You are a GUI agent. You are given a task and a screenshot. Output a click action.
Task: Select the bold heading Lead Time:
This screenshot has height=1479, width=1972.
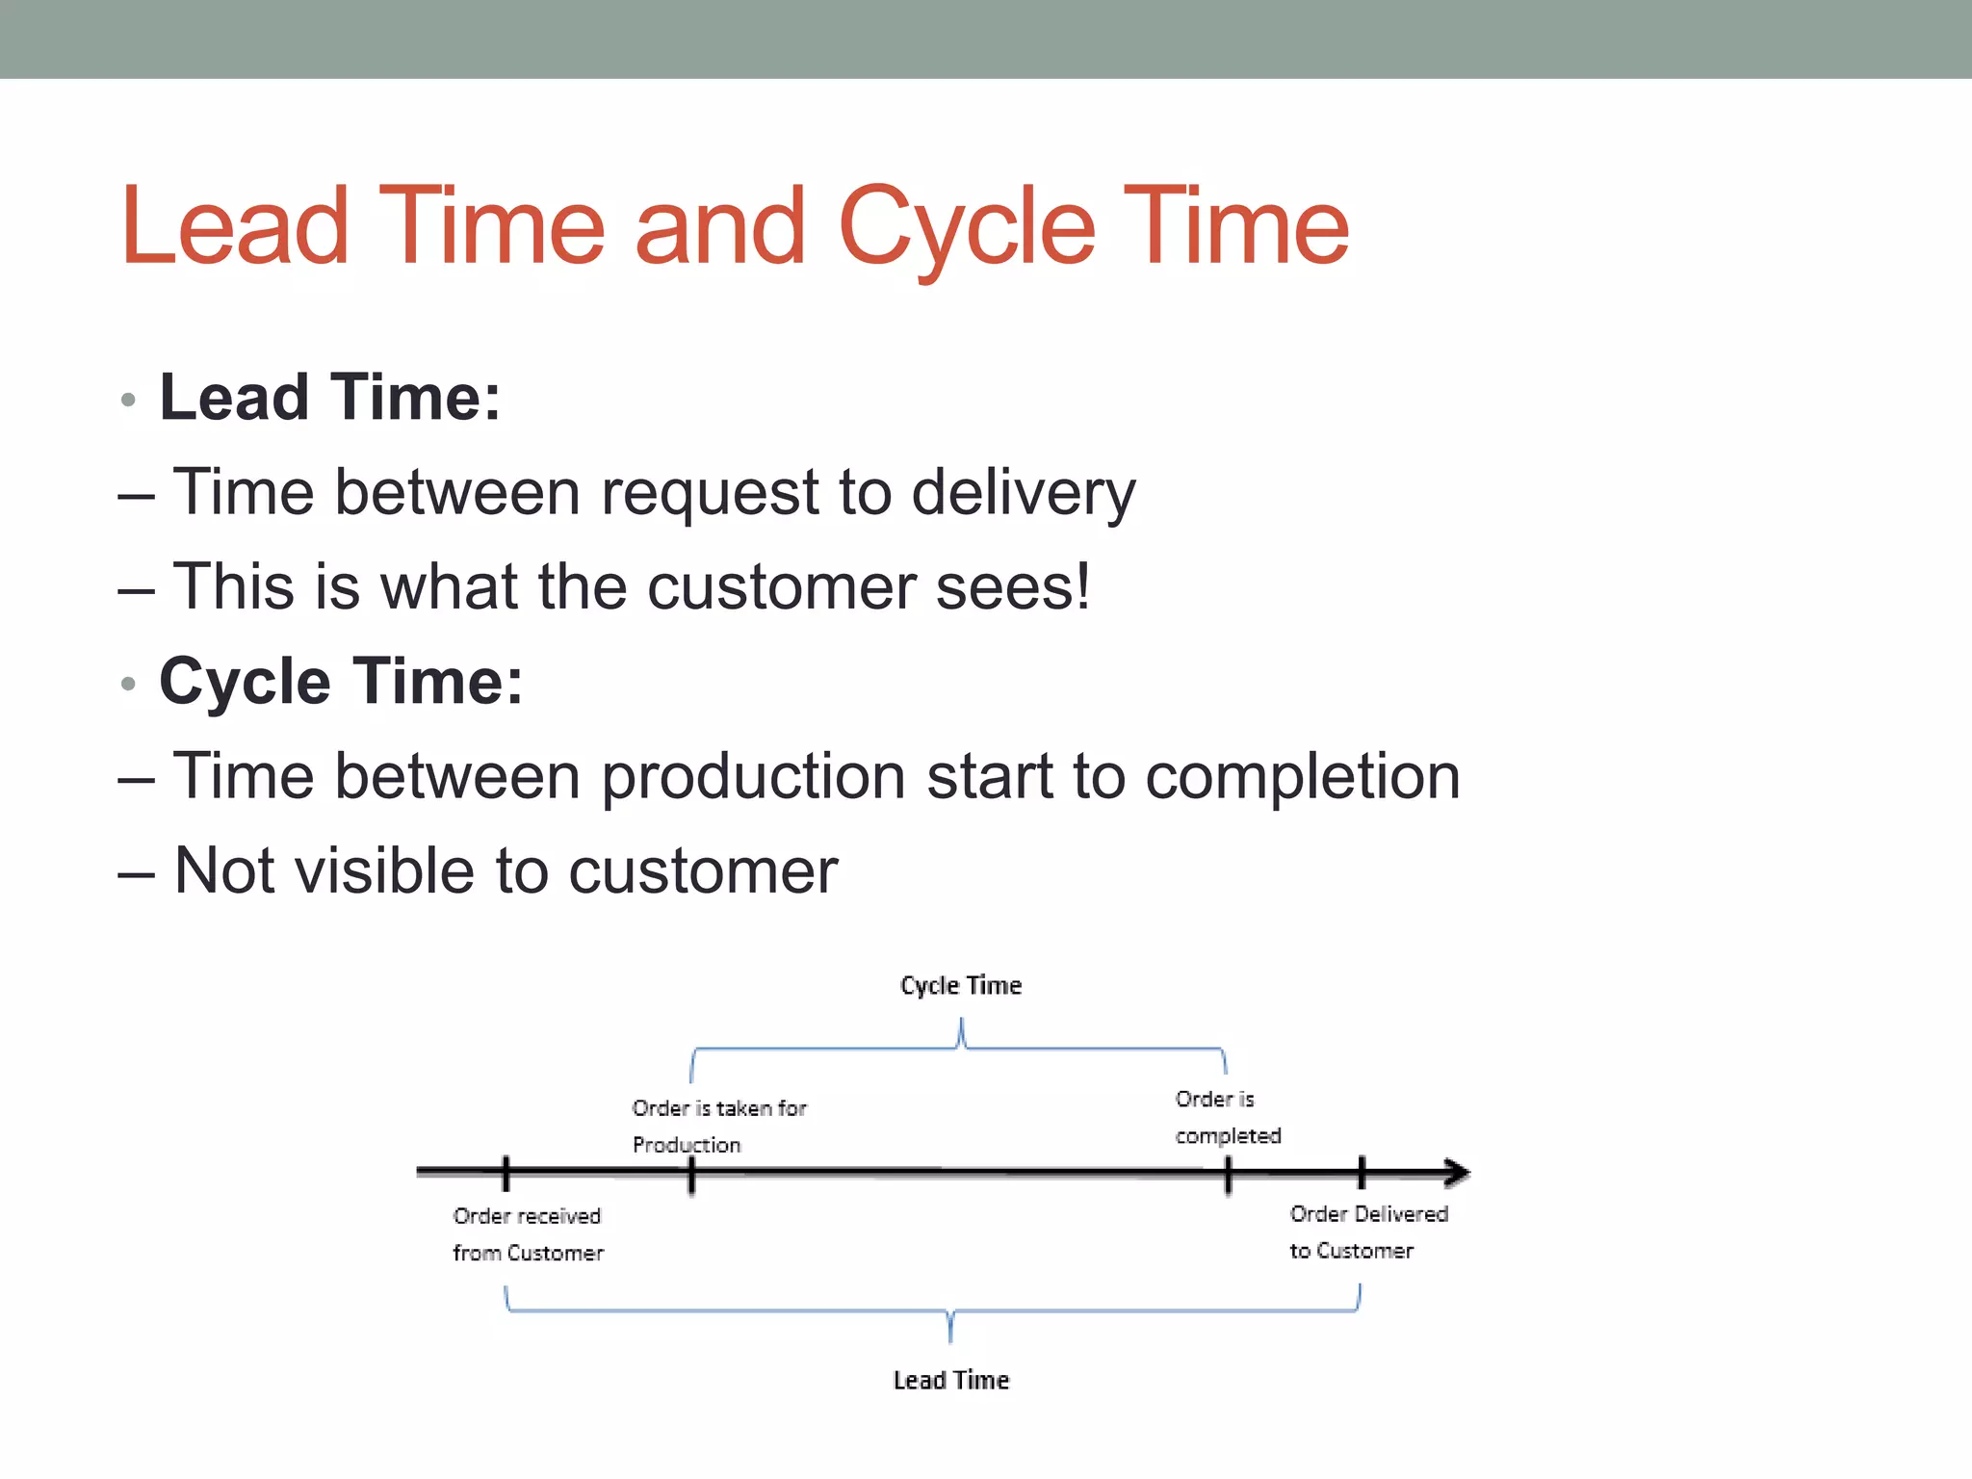click(329, 397)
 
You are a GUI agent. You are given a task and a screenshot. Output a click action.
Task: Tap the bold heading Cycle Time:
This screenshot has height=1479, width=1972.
click(341, 681)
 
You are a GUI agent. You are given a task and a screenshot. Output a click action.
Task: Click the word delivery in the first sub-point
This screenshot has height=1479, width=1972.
click(1023, 492)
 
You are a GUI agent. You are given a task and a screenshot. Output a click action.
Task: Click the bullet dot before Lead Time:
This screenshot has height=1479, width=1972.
click(128, 400)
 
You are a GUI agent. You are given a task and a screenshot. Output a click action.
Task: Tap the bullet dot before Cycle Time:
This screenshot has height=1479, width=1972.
click(128, 684)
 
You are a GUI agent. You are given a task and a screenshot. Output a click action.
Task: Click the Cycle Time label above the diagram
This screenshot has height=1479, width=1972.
click(960, 985)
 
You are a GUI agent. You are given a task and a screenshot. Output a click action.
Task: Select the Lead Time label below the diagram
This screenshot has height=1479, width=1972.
click(950, 1380)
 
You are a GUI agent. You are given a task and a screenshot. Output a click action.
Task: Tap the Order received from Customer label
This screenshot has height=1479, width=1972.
click(528, 1234)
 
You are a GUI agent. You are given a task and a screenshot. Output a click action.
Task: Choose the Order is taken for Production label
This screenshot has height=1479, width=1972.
click(718, 1126)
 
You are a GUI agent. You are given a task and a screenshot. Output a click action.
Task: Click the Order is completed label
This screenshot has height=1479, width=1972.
click(1227, 1117)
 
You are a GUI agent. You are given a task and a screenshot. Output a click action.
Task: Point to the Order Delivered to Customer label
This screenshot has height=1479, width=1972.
click(1367, 1232)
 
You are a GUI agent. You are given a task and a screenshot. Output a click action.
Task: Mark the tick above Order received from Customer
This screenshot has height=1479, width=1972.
click(506, 1173)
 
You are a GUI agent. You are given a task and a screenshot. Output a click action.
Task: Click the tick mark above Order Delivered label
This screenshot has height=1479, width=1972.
click(1361, 1173)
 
